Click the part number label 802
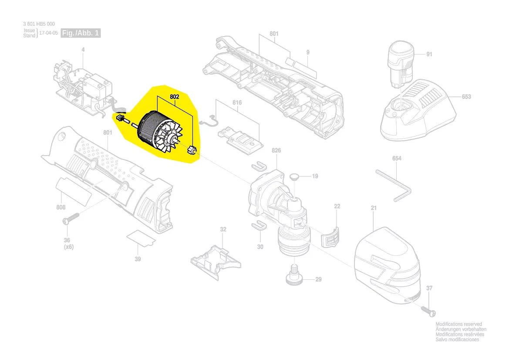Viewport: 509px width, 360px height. [174, 97]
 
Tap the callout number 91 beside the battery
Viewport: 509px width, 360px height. [429, 54]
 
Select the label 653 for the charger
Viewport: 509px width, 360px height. [466, 96]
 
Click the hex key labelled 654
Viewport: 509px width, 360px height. [394, 186]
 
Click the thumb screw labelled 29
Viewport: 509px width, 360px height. [294, 275]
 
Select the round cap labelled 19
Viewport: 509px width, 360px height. [294, 177]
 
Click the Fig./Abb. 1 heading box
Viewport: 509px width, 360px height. [81, 33]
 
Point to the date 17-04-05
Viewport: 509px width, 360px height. [49, 33]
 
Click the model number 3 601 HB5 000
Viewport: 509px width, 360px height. [39, 24]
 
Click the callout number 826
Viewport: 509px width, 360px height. [276, 150]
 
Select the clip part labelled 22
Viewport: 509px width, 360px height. [330, 237]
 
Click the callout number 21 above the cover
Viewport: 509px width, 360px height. [374, 207]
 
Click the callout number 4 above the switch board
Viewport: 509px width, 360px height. [83, 50]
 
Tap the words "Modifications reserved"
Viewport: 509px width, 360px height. [458, 324]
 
